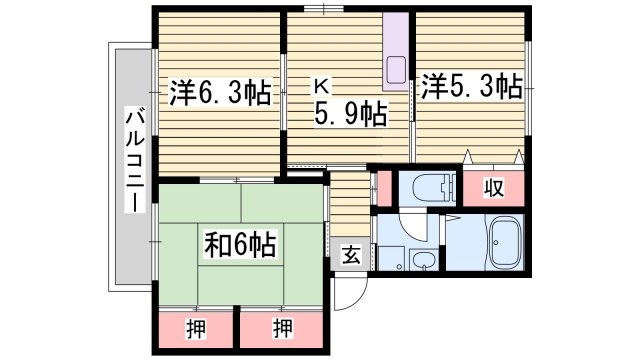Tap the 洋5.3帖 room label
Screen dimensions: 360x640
pos(471,86)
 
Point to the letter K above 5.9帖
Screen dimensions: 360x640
pos(325,86)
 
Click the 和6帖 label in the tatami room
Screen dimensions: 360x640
pos(239,242)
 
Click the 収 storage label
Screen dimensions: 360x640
pos(493,188)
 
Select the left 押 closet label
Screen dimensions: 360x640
pos(195,327)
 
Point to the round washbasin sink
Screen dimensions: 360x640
pos(425,263)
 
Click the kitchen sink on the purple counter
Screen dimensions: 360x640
pos(394,71)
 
